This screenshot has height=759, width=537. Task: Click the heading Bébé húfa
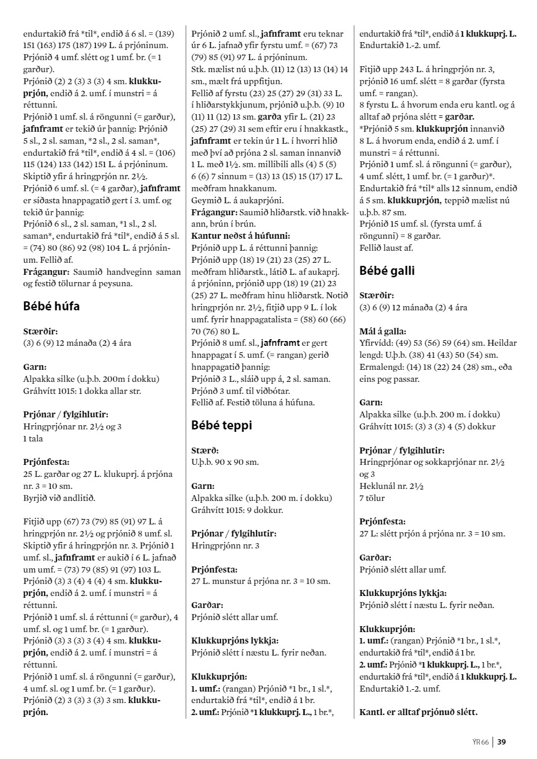(x=51, y=306)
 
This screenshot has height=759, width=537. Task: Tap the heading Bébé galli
(x=387, y=271)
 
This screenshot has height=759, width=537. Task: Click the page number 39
(x=501, y=742)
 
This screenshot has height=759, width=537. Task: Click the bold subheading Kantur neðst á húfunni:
(x=241, y=236)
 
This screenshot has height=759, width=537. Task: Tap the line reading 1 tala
(x=33, y=438)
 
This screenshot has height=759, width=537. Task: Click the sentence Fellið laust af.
(x=389, y=247)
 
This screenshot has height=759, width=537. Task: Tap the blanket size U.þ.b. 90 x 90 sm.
(x=225, y=462)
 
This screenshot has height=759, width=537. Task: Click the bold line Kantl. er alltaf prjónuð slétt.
(x=418, y=713)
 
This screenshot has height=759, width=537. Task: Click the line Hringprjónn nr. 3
(x=225, y=545)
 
